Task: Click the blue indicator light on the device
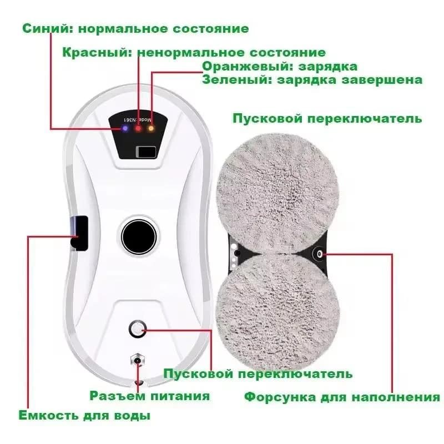coord(125,128)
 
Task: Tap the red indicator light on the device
coord(138,128)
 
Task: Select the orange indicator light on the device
coord(151,128)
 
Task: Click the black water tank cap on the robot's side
coord(78,234)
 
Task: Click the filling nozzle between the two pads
coord(320,253)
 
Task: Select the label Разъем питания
coord(150,396)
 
